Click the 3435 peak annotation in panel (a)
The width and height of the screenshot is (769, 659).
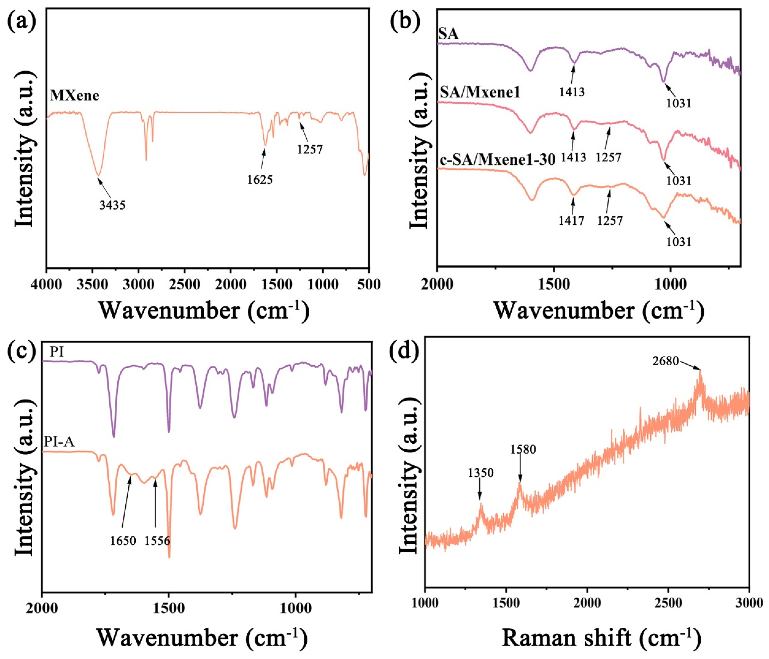(x=112, y=205)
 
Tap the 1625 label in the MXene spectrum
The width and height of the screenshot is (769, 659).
(x=260, y=180)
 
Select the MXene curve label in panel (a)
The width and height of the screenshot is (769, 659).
(x=75, y=96)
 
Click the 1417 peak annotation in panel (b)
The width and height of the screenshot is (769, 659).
(x=572, y=221)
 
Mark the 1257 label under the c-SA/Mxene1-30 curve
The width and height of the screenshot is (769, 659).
(x=610, y=221)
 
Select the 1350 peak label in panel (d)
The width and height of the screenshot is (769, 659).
(x=481, y=473)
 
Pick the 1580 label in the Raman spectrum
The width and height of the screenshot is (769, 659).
(x=523, y=450)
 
